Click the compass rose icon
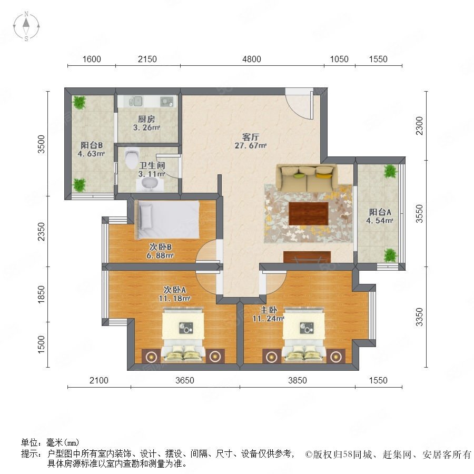pyautogui.click(x=26, y=26)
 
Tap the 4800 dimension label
pyautogui.click(x=252, y=59)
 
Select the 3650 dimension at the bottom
pyautogui.click(x=185, y=380)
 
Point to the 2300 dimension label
pyautogui.click(x=419, y=126)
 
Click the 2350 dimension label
pyautogui.click(x=41, y=232)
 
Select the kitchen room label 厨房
pyautogui.click(x=146, y=119)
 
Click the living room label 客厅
pyautogui.click(x=251, y=137)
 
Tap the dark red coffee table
pyautogui.click(x=308, y=214)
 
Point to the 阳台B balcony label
pyautogui.click(x=91, y=145)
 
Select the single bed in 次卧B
pyautogui.click(x=167, y=219)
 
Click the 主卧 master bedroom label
pyautogui.click(x=269, y=310)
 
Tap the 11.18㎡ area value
pyautogui.click(x=174, y=299)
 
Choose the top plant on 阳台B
pyautogui.click(x=79, y=103)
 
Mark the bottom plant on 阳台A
pyautogui.click(x=390, y=255)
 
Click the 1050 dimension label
pyautogui.click(x=339, y=59)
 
